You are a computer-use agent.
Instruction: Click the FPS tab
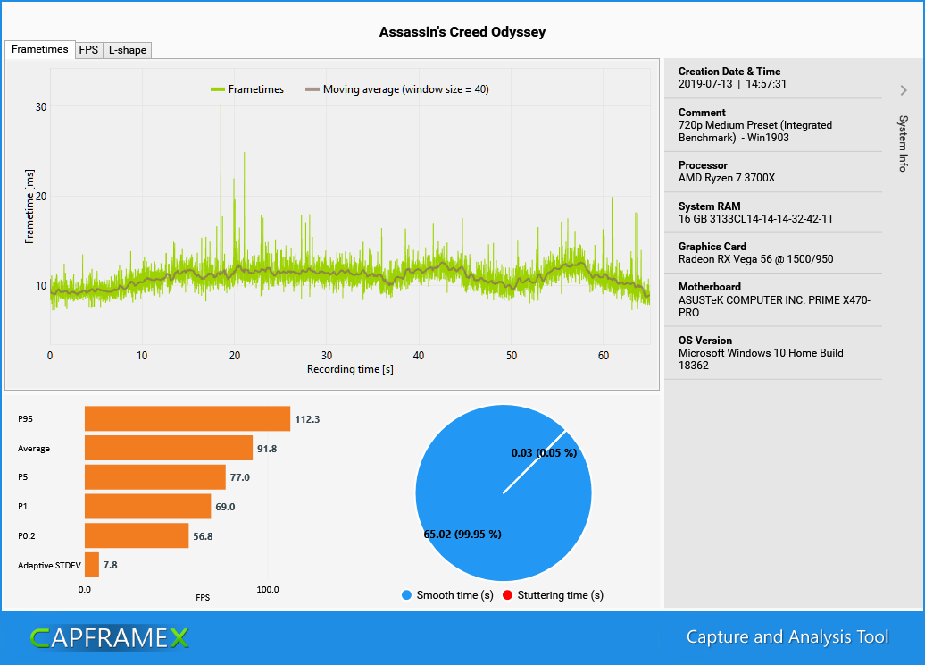[x=88, y=50]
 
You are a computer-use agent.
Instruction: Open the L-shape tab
[x=128, y=50]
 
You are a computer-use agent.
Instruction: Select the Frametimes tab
[x=40, y=49]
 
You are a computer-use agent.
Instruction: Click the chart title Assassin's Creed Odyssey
[x=462, y=32]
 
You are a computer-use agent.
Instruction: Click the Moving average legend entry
[x=396, y=89]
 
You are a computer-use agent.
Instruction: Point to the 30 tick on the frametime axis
[x=41, y=106]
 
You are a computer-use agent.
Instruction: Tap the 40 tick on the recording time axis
[x=419, y=356]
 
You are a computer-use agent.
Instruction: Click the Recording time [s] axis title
[x=350, y=369]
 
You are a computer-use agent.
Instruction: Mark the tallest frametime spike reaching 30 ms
[x=221, y=105]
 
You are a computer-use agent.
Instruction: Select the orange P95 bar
[x=187, y=418]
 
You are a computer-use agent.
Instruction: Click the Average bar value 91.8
[x=267, y=449]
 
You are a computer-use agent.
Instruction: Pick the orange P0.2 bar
[x=136, y=535]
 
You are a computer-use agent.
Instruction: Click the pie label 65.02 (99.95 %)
[x=462, y=535]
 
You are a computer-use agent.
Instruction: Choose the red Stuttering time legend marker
[x=508, y=595]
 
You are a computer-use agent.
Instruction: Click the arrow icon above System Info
[x=904, y=90]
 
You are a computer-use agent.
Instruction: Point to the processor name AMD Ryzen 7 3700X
[x=726, y=178]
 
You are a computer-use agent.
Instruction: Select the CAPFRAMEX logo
[x=109, y=637]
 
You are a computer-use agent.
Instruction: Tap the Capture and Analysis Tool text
[x=787, y=637]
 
